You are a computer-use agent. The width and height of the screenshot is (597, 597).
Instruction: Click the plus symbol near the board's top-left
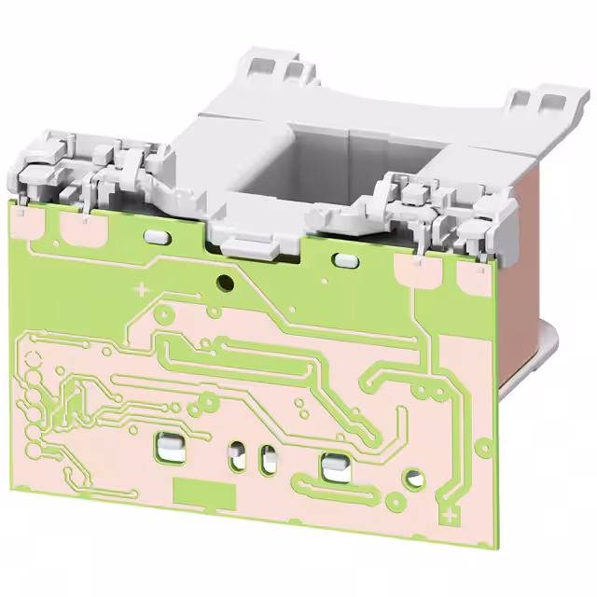coord(142,290)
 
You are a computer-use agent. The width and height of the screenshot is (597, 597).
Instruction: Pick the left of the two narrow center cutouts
coord(238,456)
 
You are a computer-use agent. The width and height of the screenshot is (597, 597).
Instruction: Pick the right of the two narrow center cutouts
coord(270,459)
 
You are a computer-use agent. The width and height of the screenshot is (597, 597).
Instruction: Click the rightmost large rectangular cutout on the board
coord(332,465)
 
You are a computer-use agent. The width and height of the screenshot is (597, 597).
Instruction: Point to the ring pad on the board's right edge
coord(482,447)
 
